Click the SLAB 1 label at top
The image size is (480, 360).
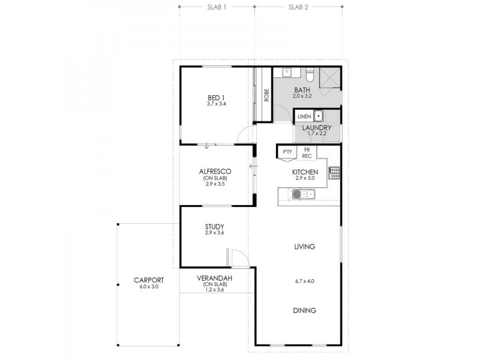coord(217,8)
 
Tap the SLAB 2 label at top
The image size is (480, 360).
coord(298,8)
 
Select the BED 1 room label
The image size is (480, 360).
coord(216,97)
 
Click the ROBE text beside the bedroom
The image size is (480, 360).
coord(266,95)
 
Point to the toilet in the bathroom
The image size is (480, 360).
coord(310,76)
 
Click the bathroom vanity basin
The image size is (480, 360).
coord(287,73)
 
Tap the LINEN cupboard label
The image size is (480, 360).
coord(304,116)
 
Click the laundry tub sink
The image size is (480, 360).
coord(319,116)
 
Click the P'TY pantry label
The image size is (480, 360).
coord(286,152)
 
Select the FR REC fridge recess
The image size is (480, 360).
coord(307,152)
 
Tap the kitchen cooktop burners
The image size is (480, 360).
coord(334,174)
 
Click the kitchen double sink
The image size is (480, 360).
coord(304,193)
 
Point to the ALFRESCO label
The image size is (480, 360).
coord(215,171)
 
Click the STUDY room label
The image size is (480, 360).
coord(214,226)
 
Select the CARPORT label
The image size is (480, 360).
coord(148,280)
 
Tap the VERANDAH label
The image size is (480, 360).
coord(214,279)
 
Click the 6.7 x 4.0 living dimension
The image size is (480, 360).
coord(305,281)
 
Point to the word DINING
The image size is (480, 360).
coord(305,310)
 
